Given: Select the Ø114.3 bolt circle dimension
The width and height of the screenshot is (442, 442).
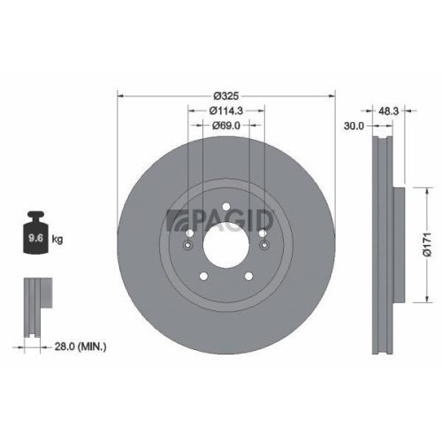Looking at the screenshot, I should click(227, 110).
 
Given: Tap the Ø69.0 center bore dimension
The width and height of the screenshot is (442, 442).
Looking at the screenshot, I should click(227, 126).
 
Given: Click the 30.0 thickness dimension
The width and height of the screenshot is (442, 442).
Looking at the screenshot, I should click(354, 126).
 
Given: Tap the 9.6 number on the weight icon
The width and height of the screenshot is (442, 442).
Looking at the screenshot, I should click(37, 239).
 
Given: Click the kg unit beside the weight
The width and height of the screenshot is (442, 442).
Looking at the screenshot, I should click(57, 239).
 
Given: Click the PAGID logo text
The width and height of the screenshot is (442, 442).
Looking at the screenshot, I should click(230, 218).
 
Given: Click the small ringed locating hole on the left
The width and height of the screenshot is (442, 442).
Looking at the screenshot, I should click(187, 247).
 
